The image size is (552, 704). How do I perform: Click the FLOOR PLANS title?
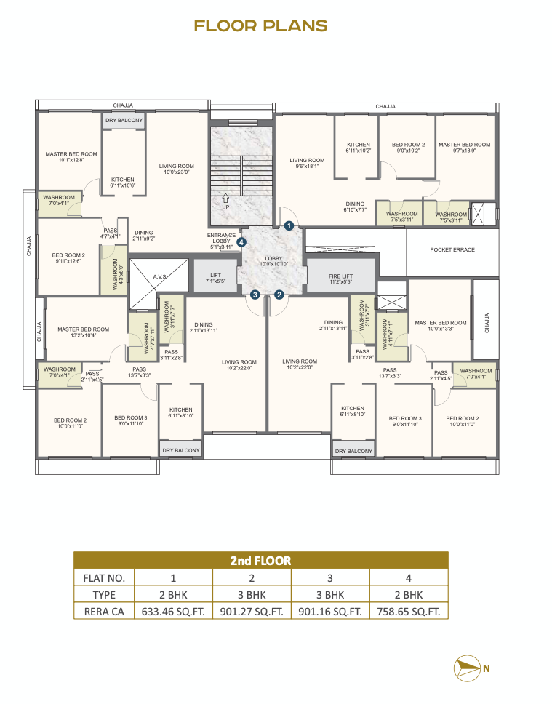pos(260,26)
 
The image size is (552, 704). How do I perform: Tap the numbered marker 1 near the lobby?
pos(289,225)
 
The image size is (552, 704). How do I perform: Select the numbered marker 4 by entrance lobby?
pos(241,242)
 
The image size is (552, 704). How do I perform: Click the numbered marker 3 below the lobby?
pos(255,295)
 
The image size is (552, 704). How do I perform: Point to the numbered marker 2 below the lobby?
pos(279,295)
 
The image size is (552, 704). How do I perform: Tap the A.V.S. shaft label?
pos(160,276)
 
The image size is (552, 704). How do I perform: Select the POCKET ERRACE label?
pos(452,250)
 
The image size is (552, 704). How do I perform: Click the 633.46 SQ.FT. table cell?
pos(173,612)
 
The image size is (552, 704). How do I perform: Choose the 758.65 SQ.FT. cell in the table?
pos(409,612)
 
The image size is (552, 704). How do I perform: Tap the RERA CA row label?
pos(103,612)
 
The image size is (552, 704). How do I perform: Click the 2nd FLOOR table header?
pos(260,561)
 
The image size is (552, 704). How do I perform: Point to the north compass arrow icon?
pos(468,667)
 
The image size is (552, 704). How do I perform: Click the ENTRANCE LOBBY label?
pos(221,241)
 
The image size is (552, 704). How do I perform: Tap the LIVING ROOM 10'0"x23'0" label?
pos(176,169)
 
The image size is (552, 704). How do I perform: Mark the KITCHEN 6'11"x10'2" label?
pos(358,148)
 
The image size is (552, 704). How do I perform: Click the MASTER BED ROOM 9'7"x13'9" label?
pos(464,148)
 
